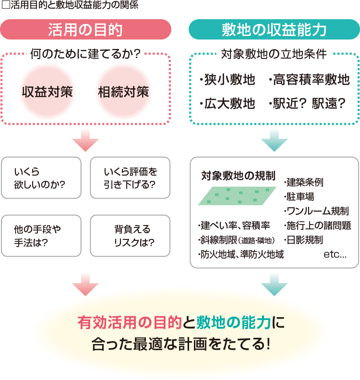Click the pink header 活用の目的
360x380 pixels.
click(x=85, y=29)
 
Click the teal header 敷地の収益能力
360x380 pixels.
click(x=274, y=29)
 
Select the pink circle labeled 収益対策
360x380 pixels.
click(x=47, y=92)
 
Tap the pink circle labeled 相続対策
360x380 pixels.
click(x=123, y=92)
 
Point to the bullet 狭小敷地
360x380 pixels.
click(x=228, y=80)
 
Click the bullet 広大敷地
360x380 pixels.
click(x=228, y=103)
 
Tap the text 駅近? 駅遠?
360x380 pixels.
click(x=307, y=103)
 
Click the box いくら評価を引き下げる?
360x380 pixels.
click(x=130, y=178)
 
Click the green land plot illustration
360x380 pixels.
click(x=238, y=196)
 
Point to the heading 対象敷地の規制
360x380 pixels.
click(x=238, y=174)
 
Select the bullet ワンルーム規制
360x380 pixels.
click(x=317, y=211)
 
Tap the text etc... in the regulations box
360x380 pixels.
click(x=335, y=254)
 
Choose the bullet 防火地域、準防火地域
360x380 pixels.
click(x=240, y=254)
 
